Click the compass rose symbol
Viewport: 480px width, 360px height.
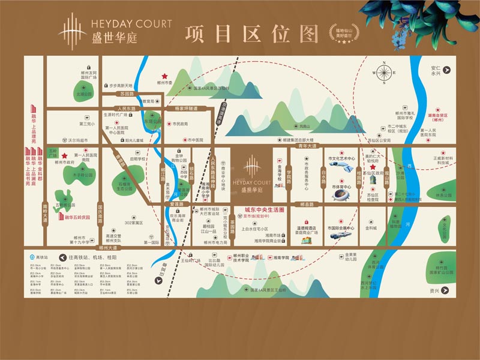point(383,72)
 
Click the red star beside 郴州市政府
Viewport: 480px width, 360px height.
point(64,155)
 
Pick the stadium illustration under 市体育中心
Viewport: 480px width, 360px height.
point(341,195)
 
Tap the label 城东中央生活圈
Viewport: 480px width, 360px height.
point(265,210)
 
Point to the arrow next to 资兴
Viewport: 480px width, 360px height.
point(445,290)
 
